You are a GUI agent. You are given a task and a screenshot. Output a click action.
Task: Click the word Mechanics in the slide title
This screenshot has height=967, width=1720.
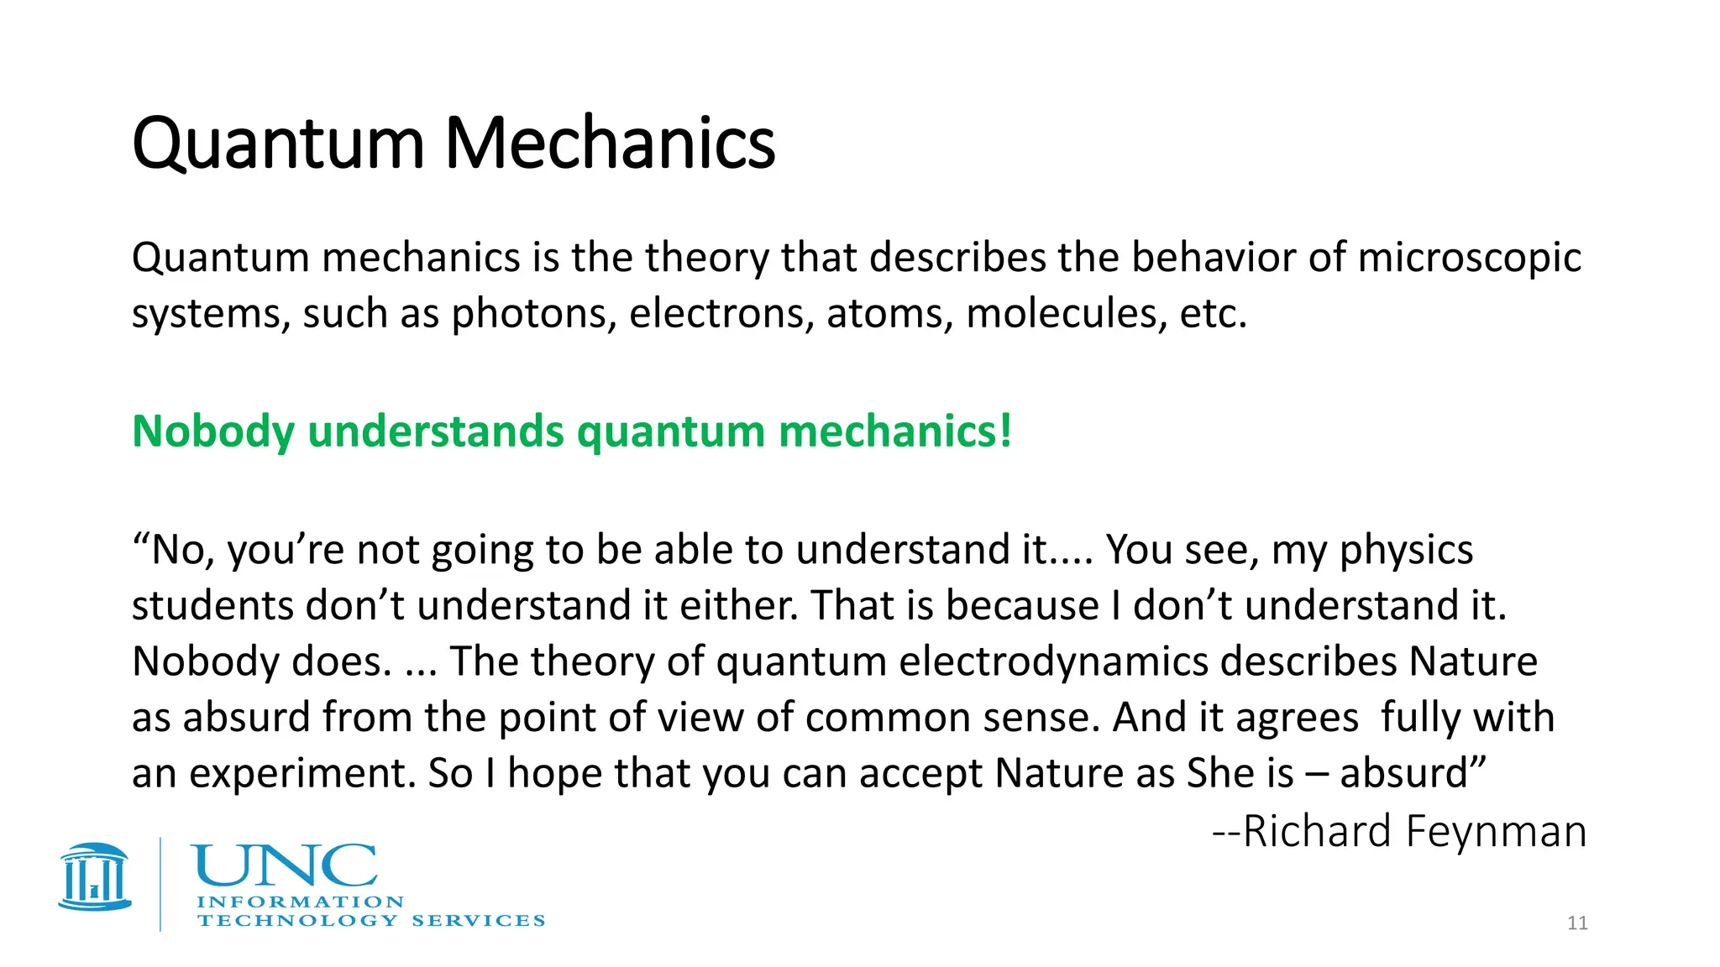[610, 144]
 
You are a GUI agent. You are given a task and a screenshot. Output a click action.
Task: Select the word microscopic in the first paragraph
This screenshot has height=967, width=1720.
[1469, 258]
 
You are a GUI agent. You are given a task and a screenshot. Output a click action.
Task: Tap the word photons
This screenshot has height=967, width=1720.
[533, 314]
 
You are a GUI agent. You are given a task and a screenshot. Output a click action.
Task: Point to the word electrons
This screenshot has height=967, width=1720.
[721, 314]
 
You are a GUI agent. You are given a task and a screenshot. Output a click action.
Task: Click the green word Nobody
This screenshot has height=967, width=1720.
[213, 431]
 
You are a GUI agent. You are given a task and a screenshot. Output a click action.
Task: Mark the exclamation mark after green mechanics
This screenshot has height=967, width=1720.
[1005, 431]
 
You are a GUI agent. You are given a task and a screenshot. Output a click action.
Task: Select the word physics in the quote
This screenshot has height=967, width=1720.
[1406, 551]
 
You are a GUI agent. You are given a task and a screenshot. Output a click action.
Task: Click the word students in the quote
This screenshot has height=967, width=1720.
[212, 605]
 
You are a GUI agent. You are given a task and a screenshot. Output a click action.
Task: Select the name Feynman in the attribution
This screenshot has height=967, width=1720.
[1496, 832]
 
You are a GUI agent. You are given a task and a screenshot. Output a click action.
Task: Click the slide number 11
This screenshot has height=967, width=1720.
[1577, 923]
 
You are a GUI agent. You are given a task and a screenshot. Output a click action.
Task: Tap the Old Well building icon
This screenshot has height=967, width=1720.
[95, 877]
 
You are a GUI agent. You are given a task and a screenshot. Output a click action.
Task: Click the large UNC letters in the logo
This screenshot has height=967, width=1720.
[285, 865]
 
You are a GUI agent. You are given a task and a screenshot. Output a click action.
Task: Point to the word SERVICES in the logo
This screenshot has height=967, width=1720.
[478, 921]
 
